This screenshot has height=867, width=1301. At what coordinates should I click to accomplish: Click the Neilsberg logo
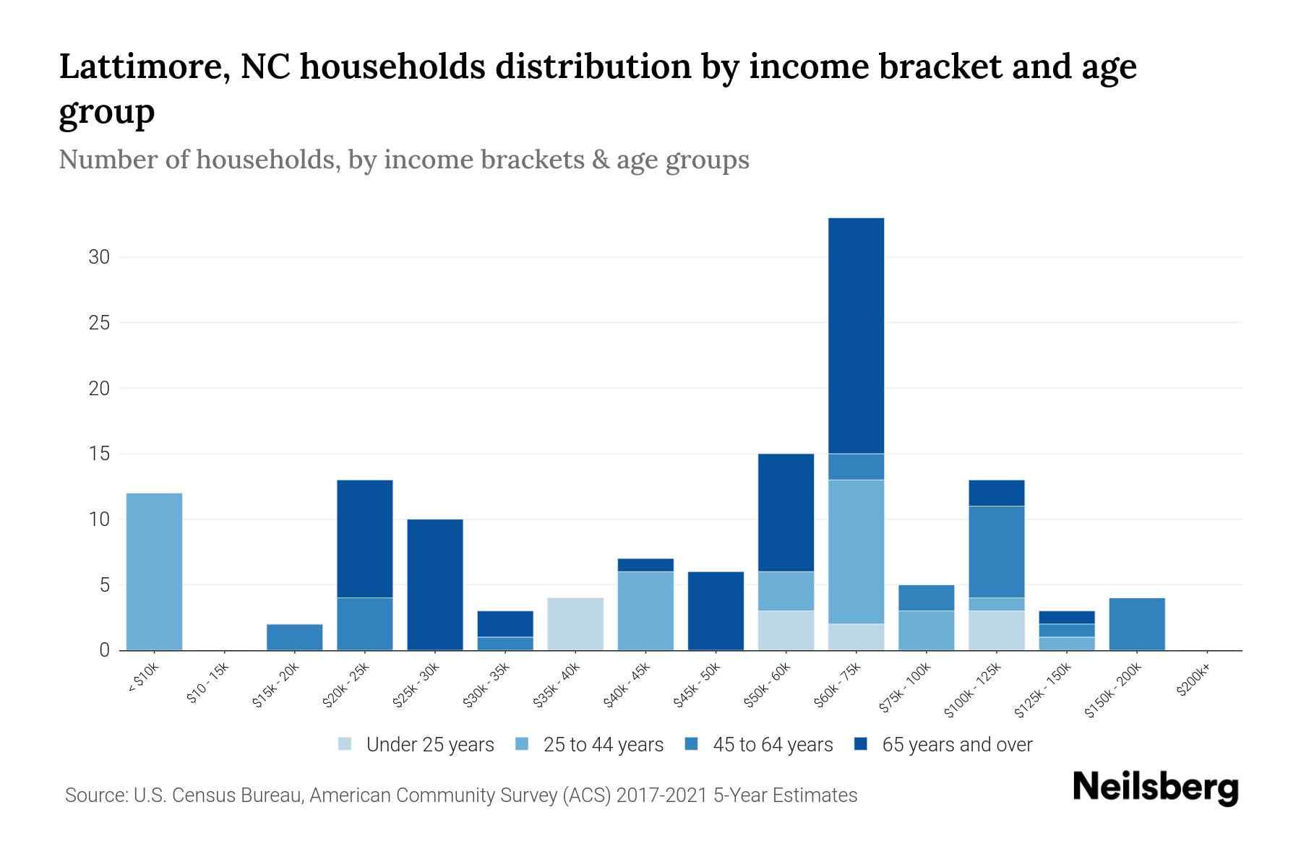tap(1155, 788)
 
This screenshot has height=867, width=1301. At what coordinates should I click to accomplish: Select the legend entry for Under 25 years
tap(417, 745)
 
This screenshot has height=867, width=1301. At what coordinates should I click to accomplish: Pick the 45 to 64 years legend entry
tap(759, 745)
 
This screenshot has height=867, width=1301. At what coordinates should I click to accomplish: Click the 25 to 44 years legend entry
tap(590, 745)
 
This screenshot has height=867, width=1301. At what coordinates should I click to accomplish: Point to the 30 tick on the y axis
tap(99, 257)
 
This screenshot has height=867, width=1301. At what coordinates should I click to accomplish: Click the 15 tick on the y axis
tap(99, 454)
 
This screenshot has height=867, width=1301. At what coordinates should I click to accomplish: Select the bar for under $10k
tap(154, 571)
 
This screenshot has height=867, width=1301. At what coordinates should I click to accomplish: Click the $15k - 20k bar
tap(295, 637)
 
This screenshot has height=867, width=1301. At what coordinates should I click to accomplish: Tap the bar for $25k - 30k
tap(435, 585)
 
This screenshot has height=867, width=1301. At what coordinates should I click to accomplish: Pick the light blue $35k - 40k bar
tap(575, 624)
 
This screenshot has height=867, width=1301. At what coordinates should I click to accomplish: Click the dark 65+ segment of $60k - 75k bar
tap(856, 335)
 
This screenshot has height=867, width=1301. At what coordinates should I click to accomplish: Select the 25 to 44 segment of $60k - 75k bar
tap(856, 551)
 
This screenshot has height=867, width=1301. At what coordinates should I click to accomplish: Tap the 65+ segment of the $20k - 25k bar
tap(365, 538)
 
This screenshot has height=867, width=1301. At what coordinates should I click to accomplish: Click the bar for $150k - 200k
tap(1136, 624)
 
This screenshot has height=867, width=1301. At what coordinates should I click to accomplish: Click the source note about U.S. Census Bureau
tap(461, 795)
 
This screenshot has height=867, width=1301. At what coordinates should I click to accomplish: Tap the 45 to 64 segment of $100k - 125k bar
tap(996, 552)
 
